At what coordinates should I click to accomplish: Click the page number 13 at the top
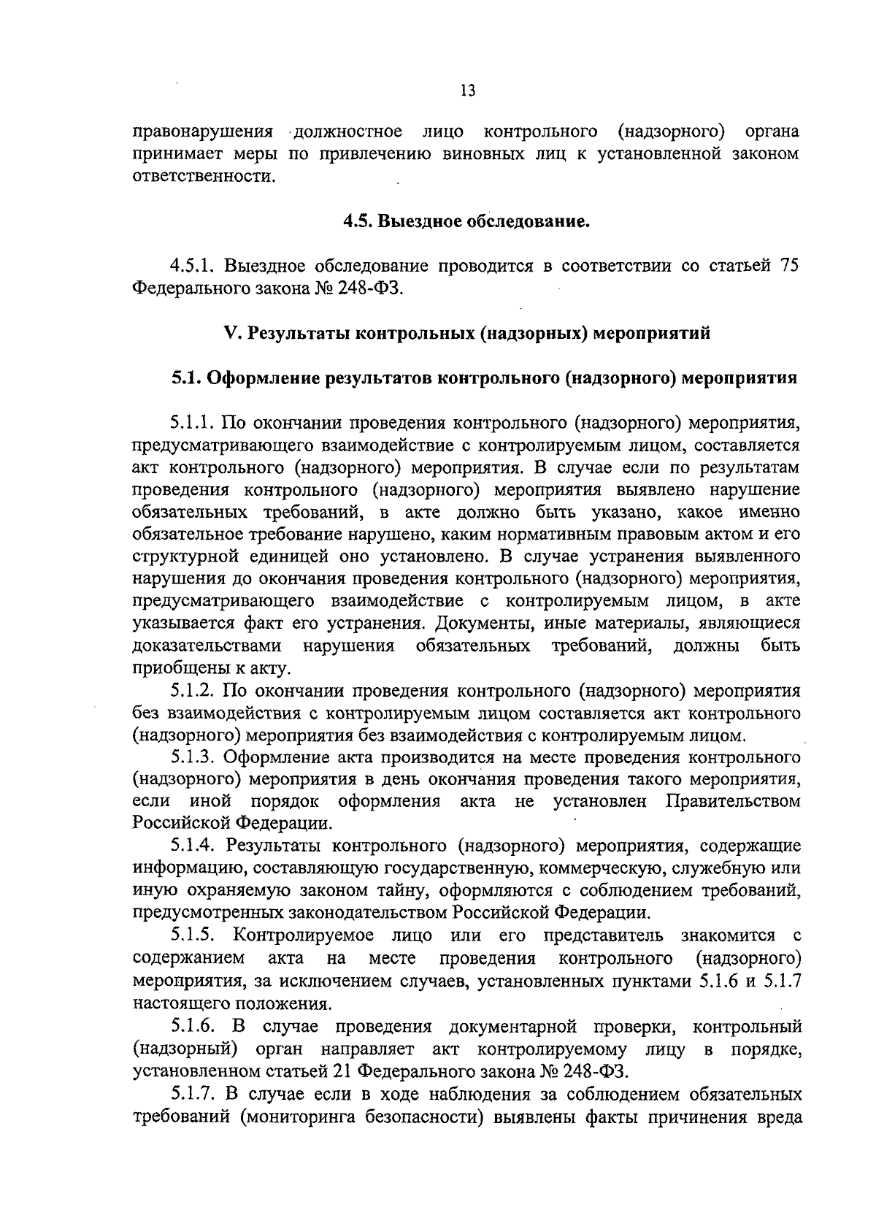pyautogui.click(x=468, y=91)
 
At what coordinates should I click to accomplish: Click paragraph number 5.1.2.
pyautogui.click(x=193, y=691)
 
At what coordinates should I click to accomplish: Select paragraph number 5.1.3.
pyautogui.click(x=193, y=757)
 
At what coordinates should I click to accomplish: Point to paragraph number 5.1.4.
pyautogui.click(x=193, y=846)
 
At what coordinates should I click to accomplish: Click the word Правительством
pyautogui.click(x=734, y=802)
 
